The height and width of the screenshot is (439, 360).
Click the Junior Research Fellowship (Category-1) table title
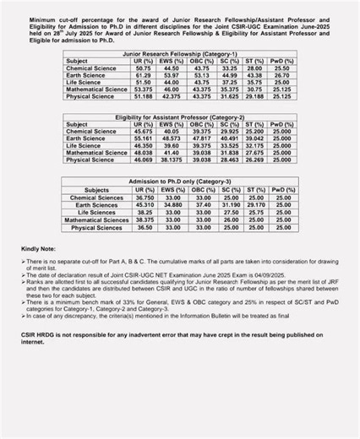pos(180,53)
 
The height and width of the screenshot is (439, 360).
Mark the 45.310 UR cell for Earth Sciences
pos(145,204)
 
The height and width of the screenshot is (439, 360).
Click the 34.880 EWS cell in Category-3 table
pos(173,204)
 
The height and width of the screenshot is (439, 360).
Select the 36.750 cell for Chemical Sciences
pos(145,197)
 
